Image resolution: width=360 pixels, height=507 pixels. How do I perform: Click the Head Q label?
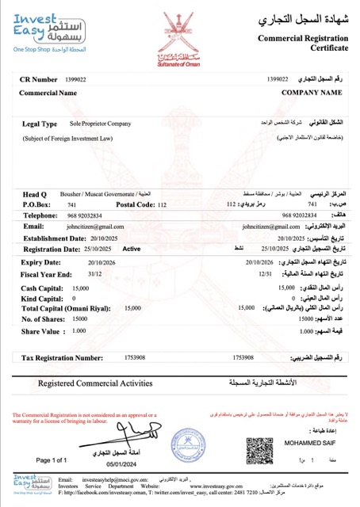coord(36,194)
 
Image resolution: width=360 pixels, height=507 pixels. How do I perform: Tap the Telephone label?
coord(40,215)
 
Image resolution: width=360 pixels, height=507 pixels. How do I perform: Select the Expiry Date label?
coord(42,261)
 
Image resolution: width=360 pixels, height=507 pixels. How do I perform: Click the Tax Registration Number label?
coord(67,357)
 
